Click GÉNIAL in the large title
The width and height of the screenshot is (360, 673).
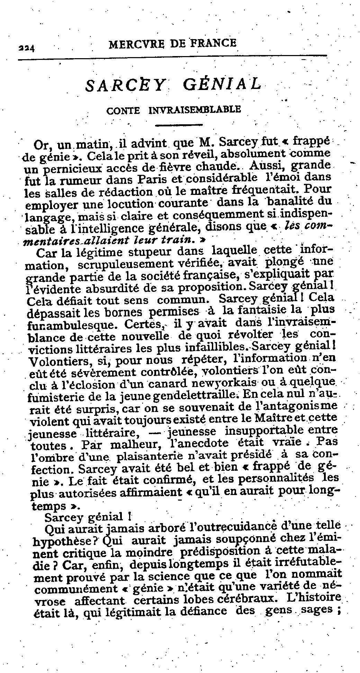pos(220,84)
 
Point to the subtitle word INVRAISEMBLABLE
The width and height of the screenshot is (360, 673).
pos(194,110)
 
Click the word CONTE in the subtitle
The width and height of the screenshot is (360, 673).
pos(124,110)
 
